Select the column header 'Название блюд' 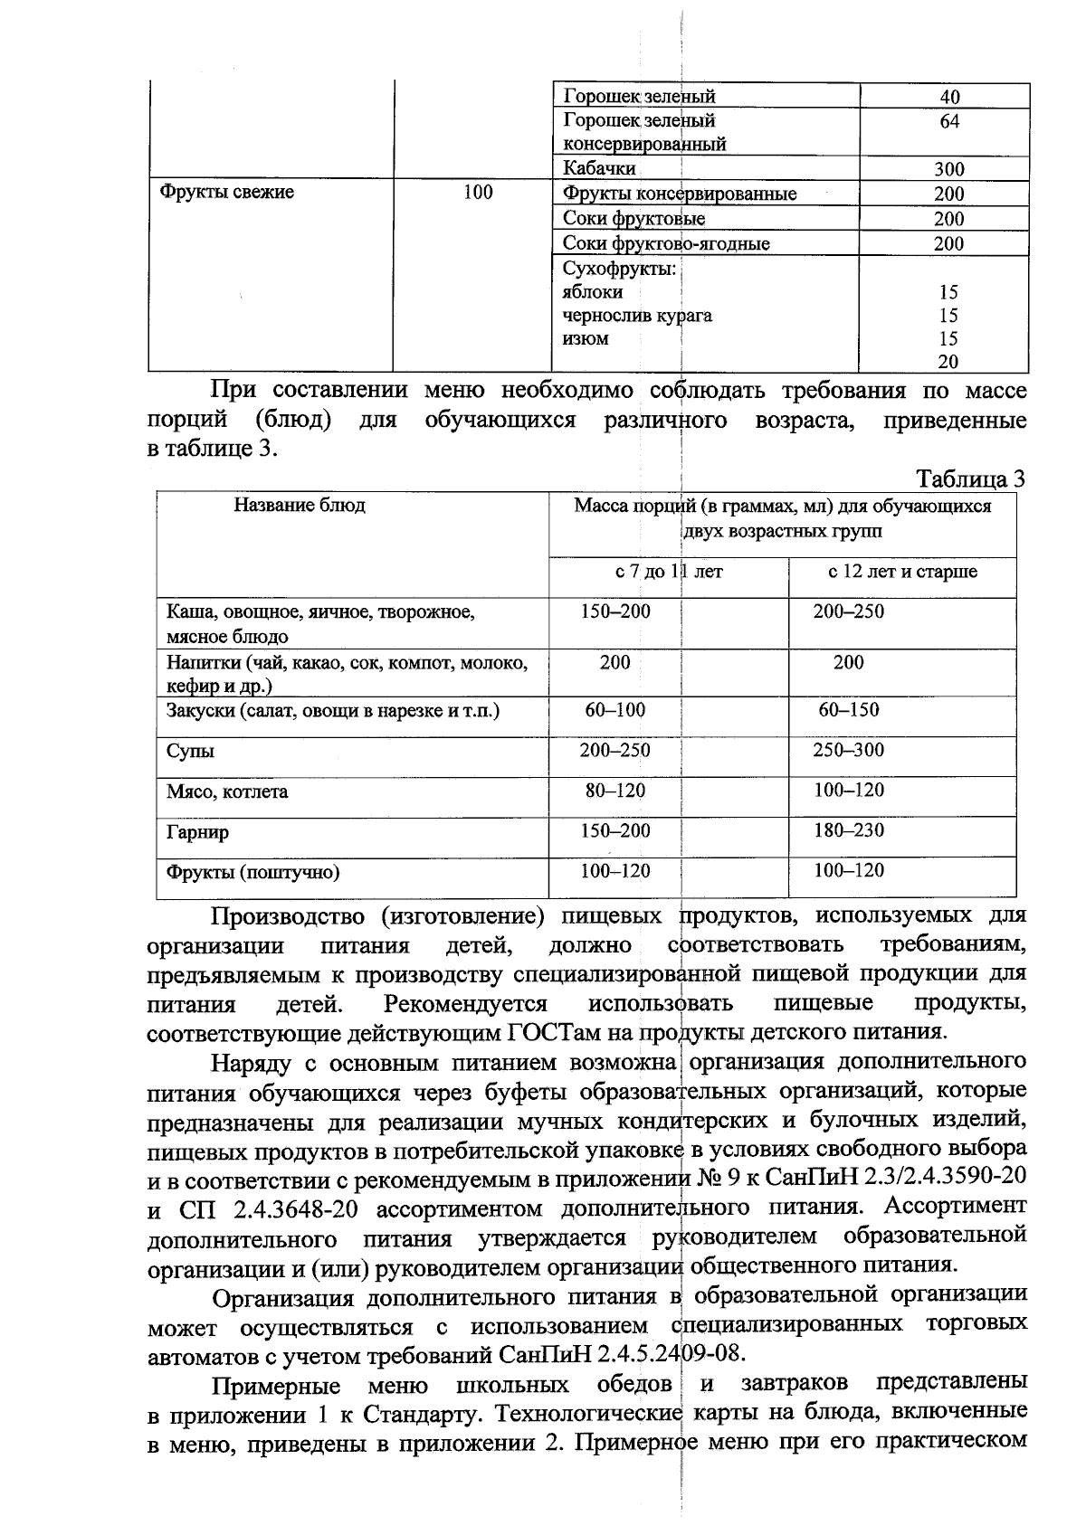pos(300,506)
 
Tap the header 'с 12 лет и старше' pos(902,572)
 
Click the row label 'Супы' pos(190,752)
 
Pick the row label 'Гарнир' pos(197,832)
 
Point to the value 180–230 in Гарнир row pos(848,830)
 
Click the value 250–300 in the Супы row pos(848,750)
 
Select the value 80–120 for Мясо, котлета pos(614,791)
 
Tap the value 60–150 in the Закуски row pos(848,710)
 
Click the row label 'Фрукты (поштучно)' pos(252,873)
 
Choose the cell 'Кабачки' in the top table pos(599,168)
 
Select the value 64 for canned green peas pos(949,121)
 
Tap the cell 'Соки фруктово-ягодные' pos(666,243)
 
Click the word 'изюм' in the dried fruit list pos(586,339)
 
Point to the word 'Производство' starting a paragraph pos(288,916)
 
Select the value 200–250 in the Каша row pos(848,611)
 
